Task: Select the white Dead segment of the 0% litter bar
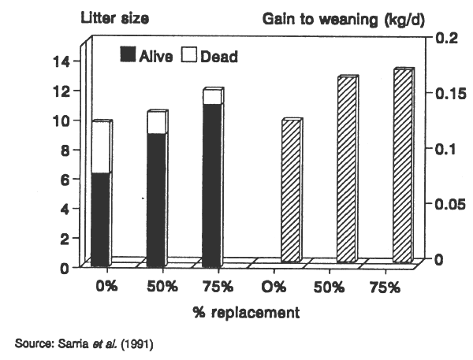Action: point(99,148)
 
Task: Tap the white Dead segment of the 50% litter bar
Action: point(155,123)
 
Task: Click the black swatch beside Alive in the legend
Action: point(128,55)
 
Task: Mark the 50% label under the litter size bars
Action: point(160,287)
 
